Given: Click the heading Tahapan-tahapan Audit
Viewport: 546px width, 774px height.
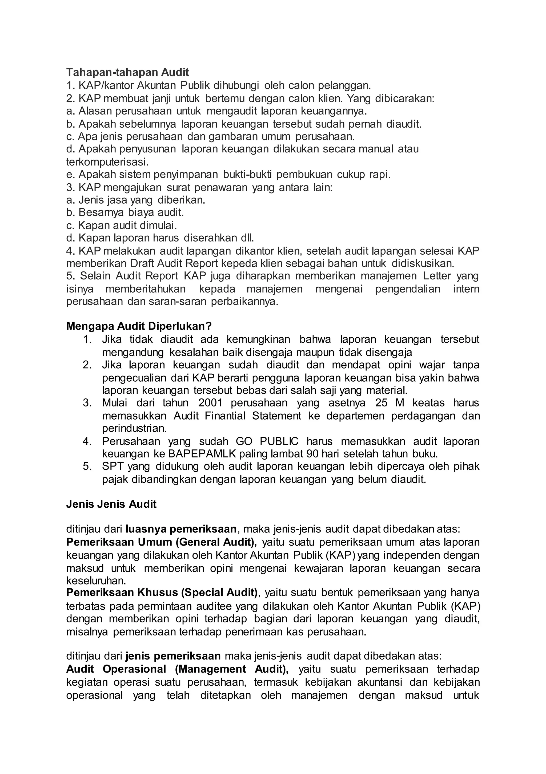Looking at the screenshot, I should (127, 72).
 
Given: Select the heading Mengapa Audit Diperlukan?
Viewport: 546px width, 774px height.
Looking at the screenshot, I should (139, 326).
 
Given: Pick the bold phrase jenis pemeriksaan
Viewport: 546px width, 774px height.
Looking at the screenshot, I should (173, 656).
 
